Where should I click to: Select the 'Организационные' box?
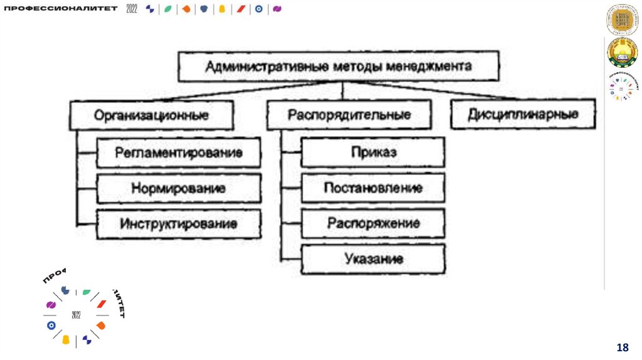coord(151,116)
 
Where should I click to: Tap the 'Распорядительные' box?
coord(349,115)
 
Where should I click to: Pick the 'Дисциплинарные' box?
coord(523,115)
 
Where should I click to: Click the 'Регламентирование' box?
coord(179,152)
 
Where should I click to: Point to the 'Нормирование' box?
coord(179,188)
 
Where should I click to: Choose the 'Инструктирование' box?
coord(179,223)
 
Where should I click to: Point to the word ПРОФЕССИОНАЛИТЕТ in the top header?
coord(61,9)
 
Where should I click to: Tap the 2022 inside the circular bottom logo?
coord(76,314)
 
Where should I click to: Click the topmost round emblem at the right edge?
coord(621,20)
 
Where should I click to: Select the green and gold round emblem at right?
coord(621,53)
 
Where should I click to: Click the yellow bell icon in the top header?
coord(221,9)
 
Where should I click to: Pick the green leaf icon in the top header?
coord(167,9)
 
